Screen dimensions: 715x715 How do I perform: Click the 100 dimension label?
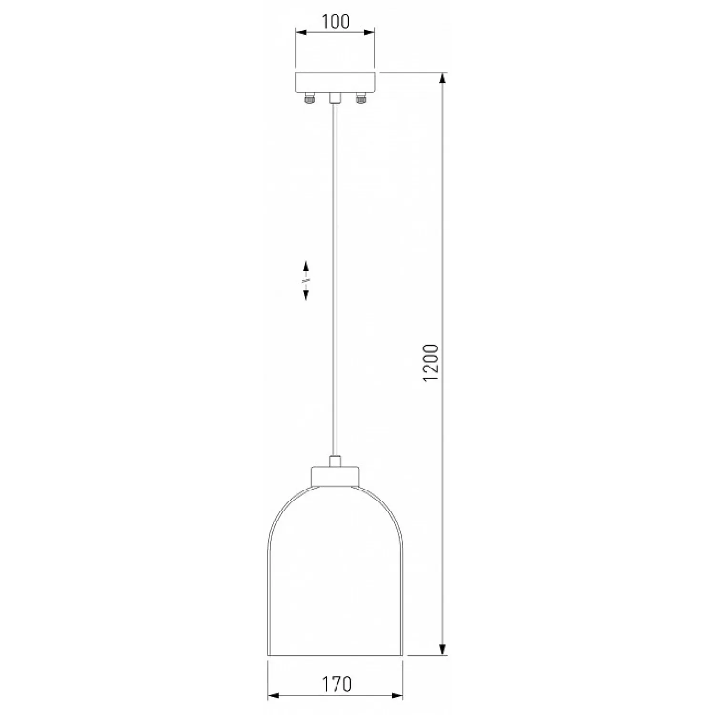coord(336,21)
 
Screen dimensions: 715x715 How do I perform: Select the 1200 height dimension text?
coord(430,363)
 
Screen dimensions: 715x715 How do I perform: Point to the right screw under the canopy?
coord(360,99)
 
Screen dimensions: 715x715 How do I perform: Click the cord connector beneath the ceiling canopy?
coord(335,98)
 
